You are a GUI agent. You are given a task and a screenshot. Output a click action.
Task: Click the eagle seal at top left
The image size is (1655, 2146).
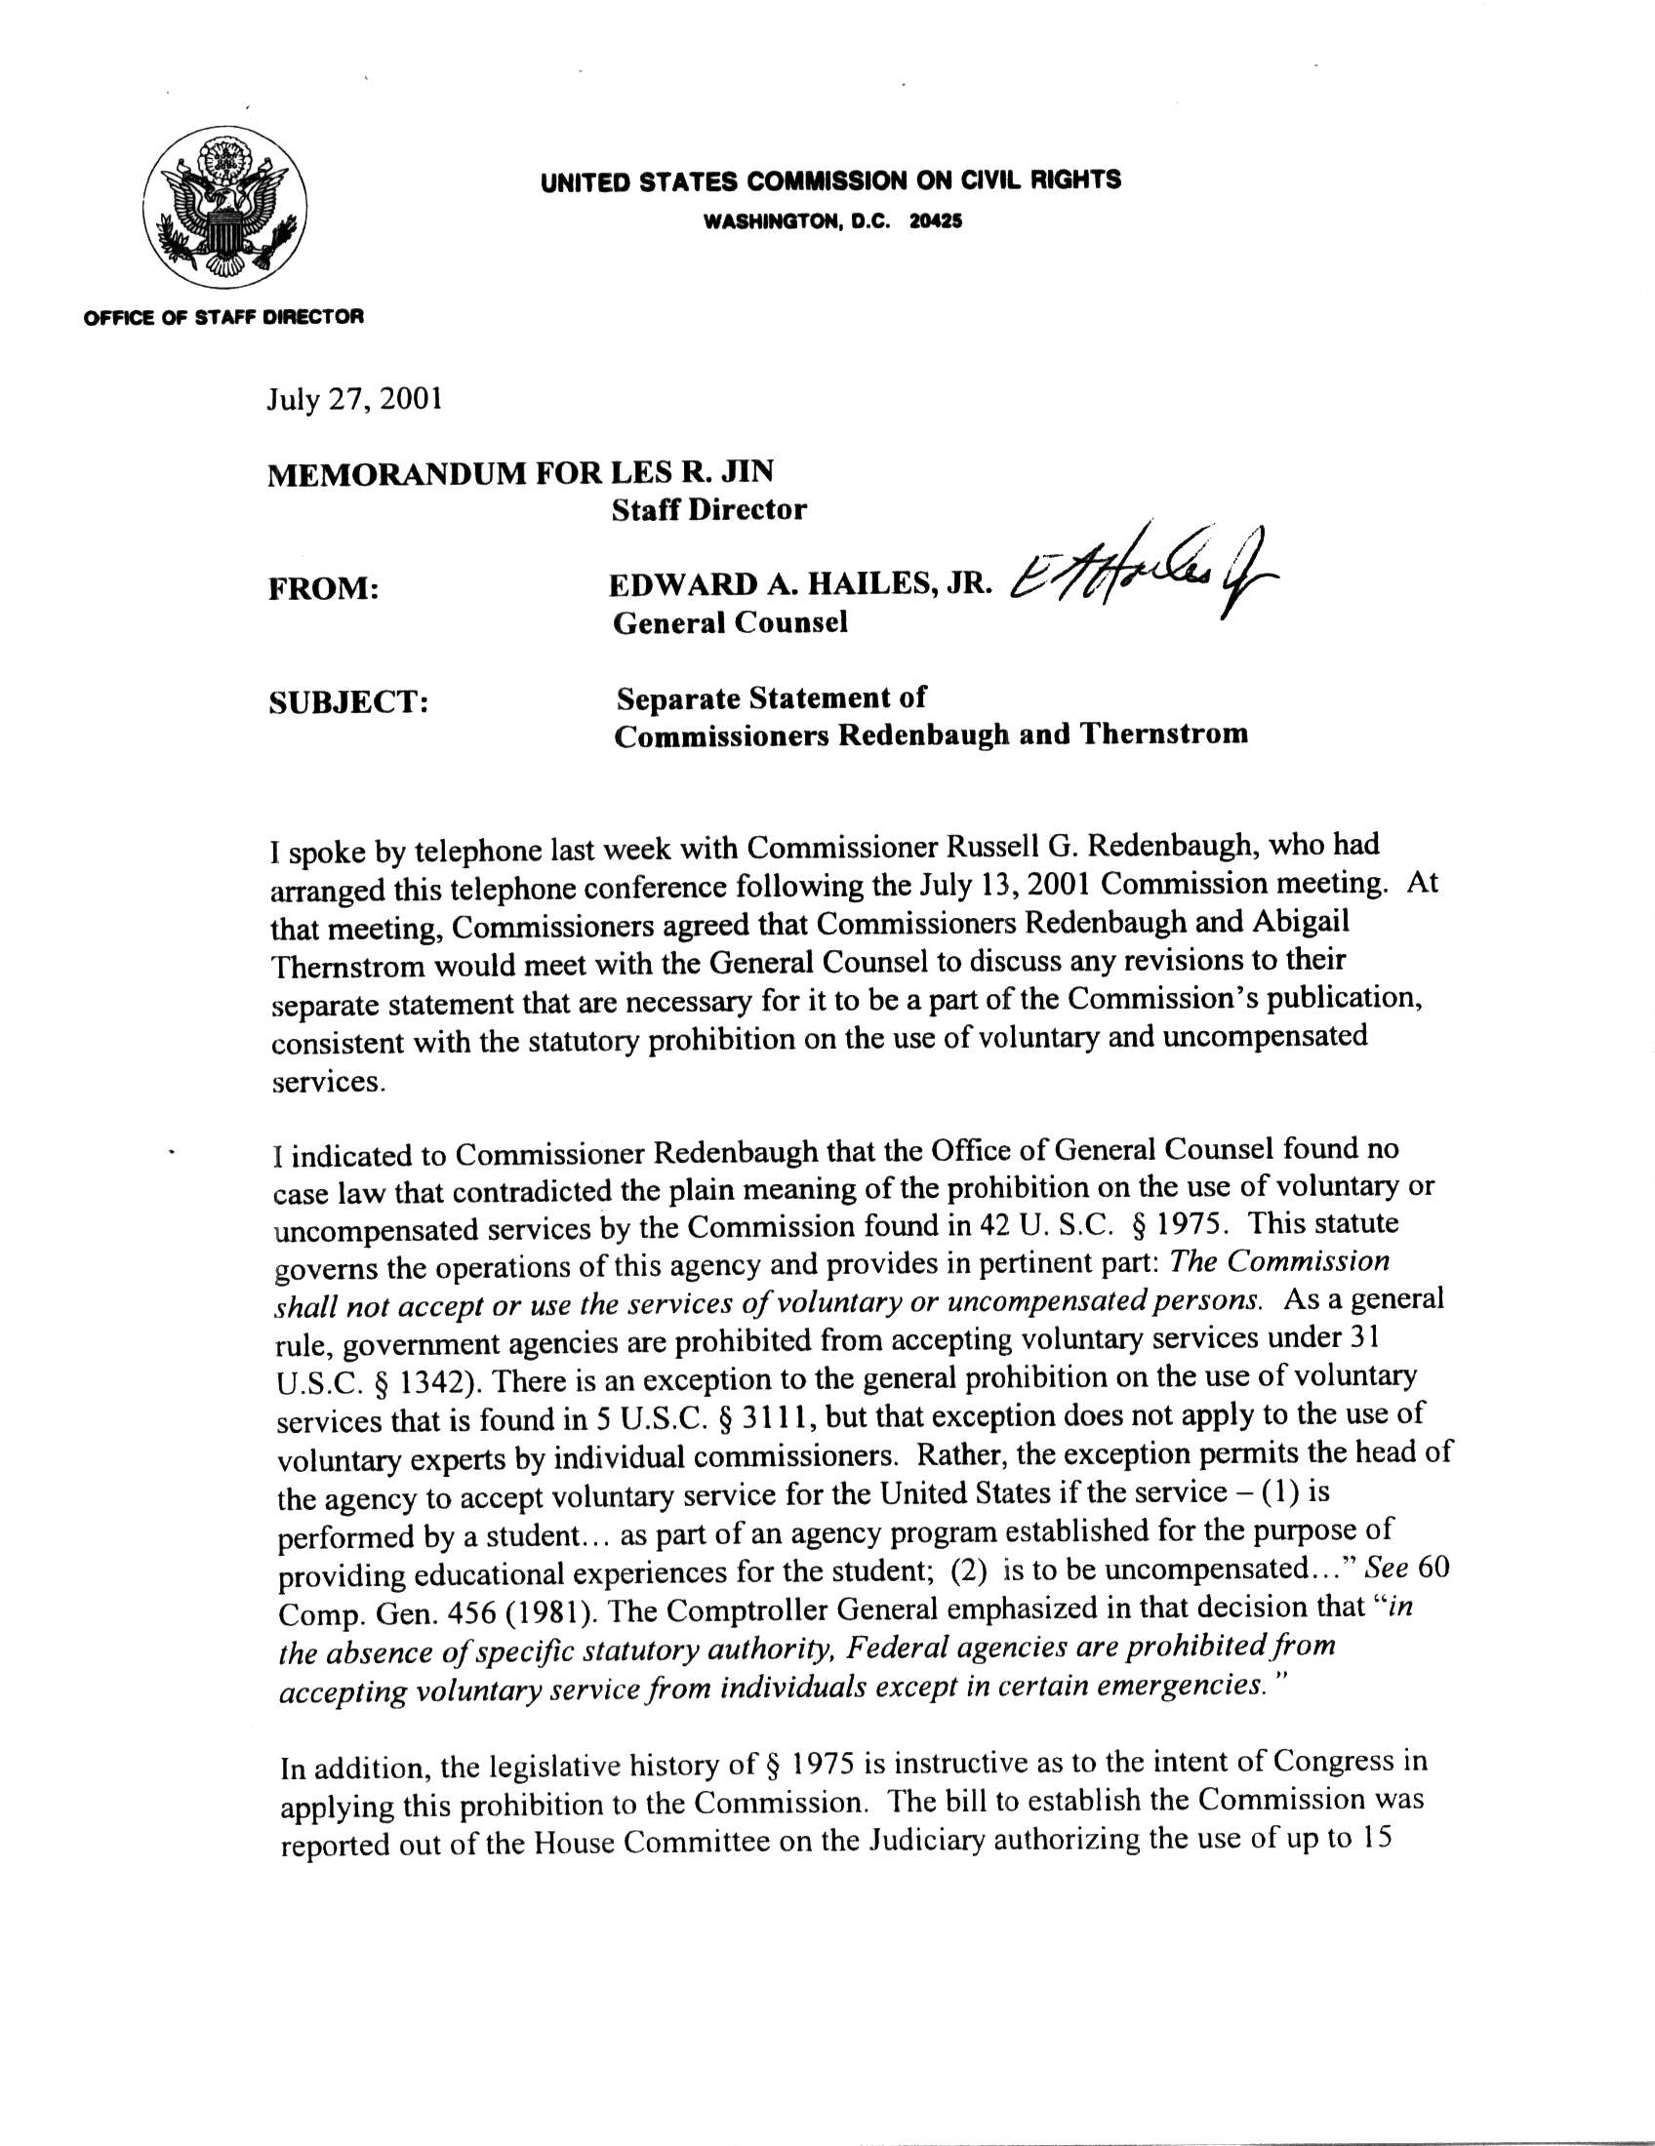tap(225, 208)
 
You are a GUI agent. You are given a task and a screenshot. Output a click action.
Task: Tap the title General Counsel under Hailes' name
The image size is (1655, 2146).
tap(729, 622)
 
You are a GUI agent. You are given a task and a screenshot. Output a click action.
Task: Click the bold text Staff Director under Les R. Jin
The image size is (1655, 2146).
tap(708, 509)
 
